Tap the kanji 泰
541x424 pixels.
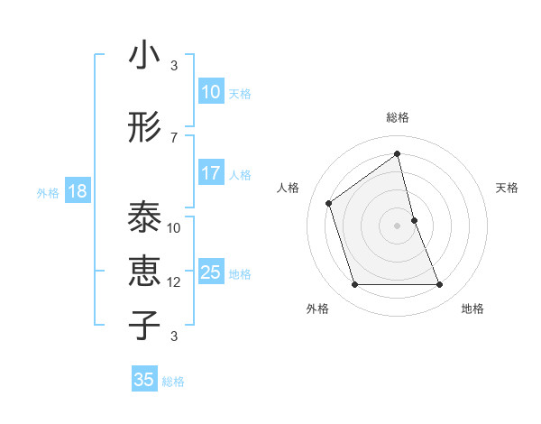pyautogui.click(x=144, y=217)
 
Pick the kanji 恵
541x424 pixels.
pyautogui.click(x=144, y=272)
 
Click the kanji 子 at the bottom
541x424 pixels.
pyautogui.click(x=144, y=325)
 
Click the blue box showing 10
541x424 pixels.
pyautogui.click(x=210, y=92)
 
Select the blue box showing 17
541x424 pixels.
pyautogui.click(x=210, y=173)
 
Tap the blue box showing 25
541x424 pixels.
pyautogui.click(x=210, y=272)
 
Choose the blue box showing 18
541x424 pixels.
pyautogui.click(x=77, y=191)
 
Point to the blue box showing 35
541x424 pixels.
pyautogui.click(x=144, y=380)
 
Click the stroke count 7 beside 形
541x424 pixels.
pyautogui.click(x=174, y=137)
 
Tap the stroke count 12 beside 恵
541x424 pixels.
pyautogui.click(x=174, y=282)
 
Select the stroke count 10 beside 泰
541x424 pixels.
pyautogui.click(x=174, y=228)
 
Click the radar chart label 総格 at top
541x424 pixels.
pyautogui.click(x=398, y=117)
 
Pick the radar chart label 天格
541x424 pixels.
pyautogui.click(x=507, y=188)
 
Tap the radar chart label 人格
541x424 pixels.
pyautogui.click(x=289, y=188)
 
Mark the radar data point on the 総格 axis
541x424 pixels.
pyautogui.click(x=398, y=154)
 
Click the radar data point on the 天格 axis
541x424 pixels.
pyautogui.click(x=414, y=220)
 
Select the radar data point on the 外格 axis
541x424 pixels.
pyautogui.click(x=354, y=285)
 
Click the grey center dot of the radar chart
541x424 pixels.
pyautogui.click(x=398, y=226)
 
